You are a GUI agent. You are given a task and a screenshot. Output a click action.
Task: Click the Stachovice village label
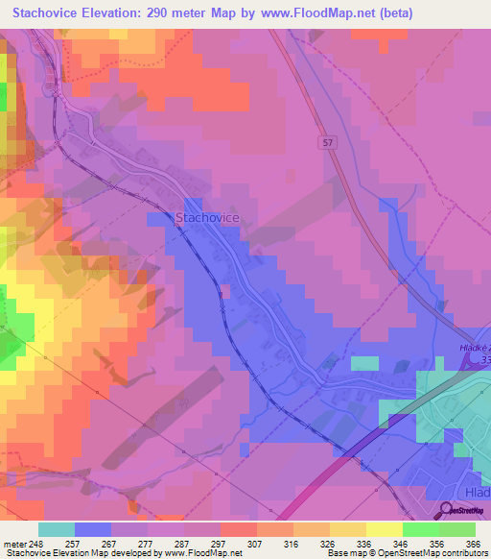pyautogui.click(x=206, y=218)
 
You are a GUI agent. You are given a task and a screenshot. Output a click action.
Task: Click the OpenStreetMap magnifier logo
pyautogui.click(x=447, y=509)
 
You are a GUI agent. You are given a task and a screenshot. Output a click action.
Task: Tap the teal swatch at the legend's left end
pyautogui.click(x=57, y=529)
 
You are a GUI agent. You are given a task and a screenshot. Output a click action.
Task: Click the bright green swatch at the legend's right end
pyautogui.click(x=456, y=529)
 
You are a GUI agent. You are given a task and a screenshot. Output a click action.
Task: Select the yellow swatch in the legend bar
pyautogui.click(x=384, y=529)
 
